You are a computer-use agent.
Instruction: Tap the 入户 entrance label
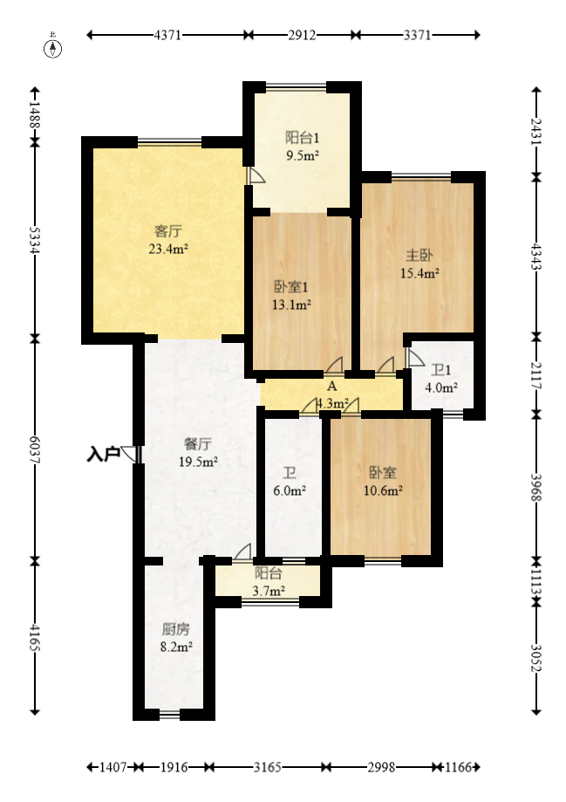coord(103,454)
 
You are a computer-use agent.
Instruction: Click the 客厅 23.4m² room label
coord(168,240)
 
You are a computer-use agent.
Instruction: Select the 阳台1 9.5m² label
coord(302,147)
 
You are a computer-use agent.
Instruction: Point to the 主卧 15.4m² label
coord(419,264)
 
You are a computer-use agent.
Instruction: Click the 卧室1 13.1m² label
coord(291,296)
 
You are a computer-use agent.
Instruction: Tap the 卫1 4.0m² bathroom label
coord(441,379)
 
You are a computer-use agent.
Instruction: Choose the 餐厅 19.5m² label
coord(198,453)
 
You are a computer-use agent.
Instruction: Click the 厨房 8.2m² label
coord(176,638)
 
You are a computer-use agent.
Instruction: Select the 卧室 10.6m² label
coord(383,481)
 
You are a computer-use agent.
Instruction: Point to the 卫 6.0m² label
coord(290,482)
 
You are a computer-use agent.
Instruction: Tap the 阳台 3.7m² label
coord(269,582)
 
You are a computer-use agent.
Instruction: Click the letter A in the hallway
coord(331,386)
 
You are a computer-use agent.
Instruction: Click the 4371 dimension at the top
coord(167,35)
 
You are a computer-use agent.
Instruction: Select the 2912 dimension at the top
coord(302,35)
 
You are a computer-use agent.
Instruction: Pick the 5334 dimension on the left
coord(35,240)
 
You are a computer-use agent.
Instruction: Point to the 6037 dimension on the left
coord(35,450)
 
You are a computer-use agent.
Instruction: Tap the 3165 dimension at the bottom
coord(268,767)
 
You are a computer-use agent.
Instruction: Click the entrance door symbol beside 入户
coord(130,454)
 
